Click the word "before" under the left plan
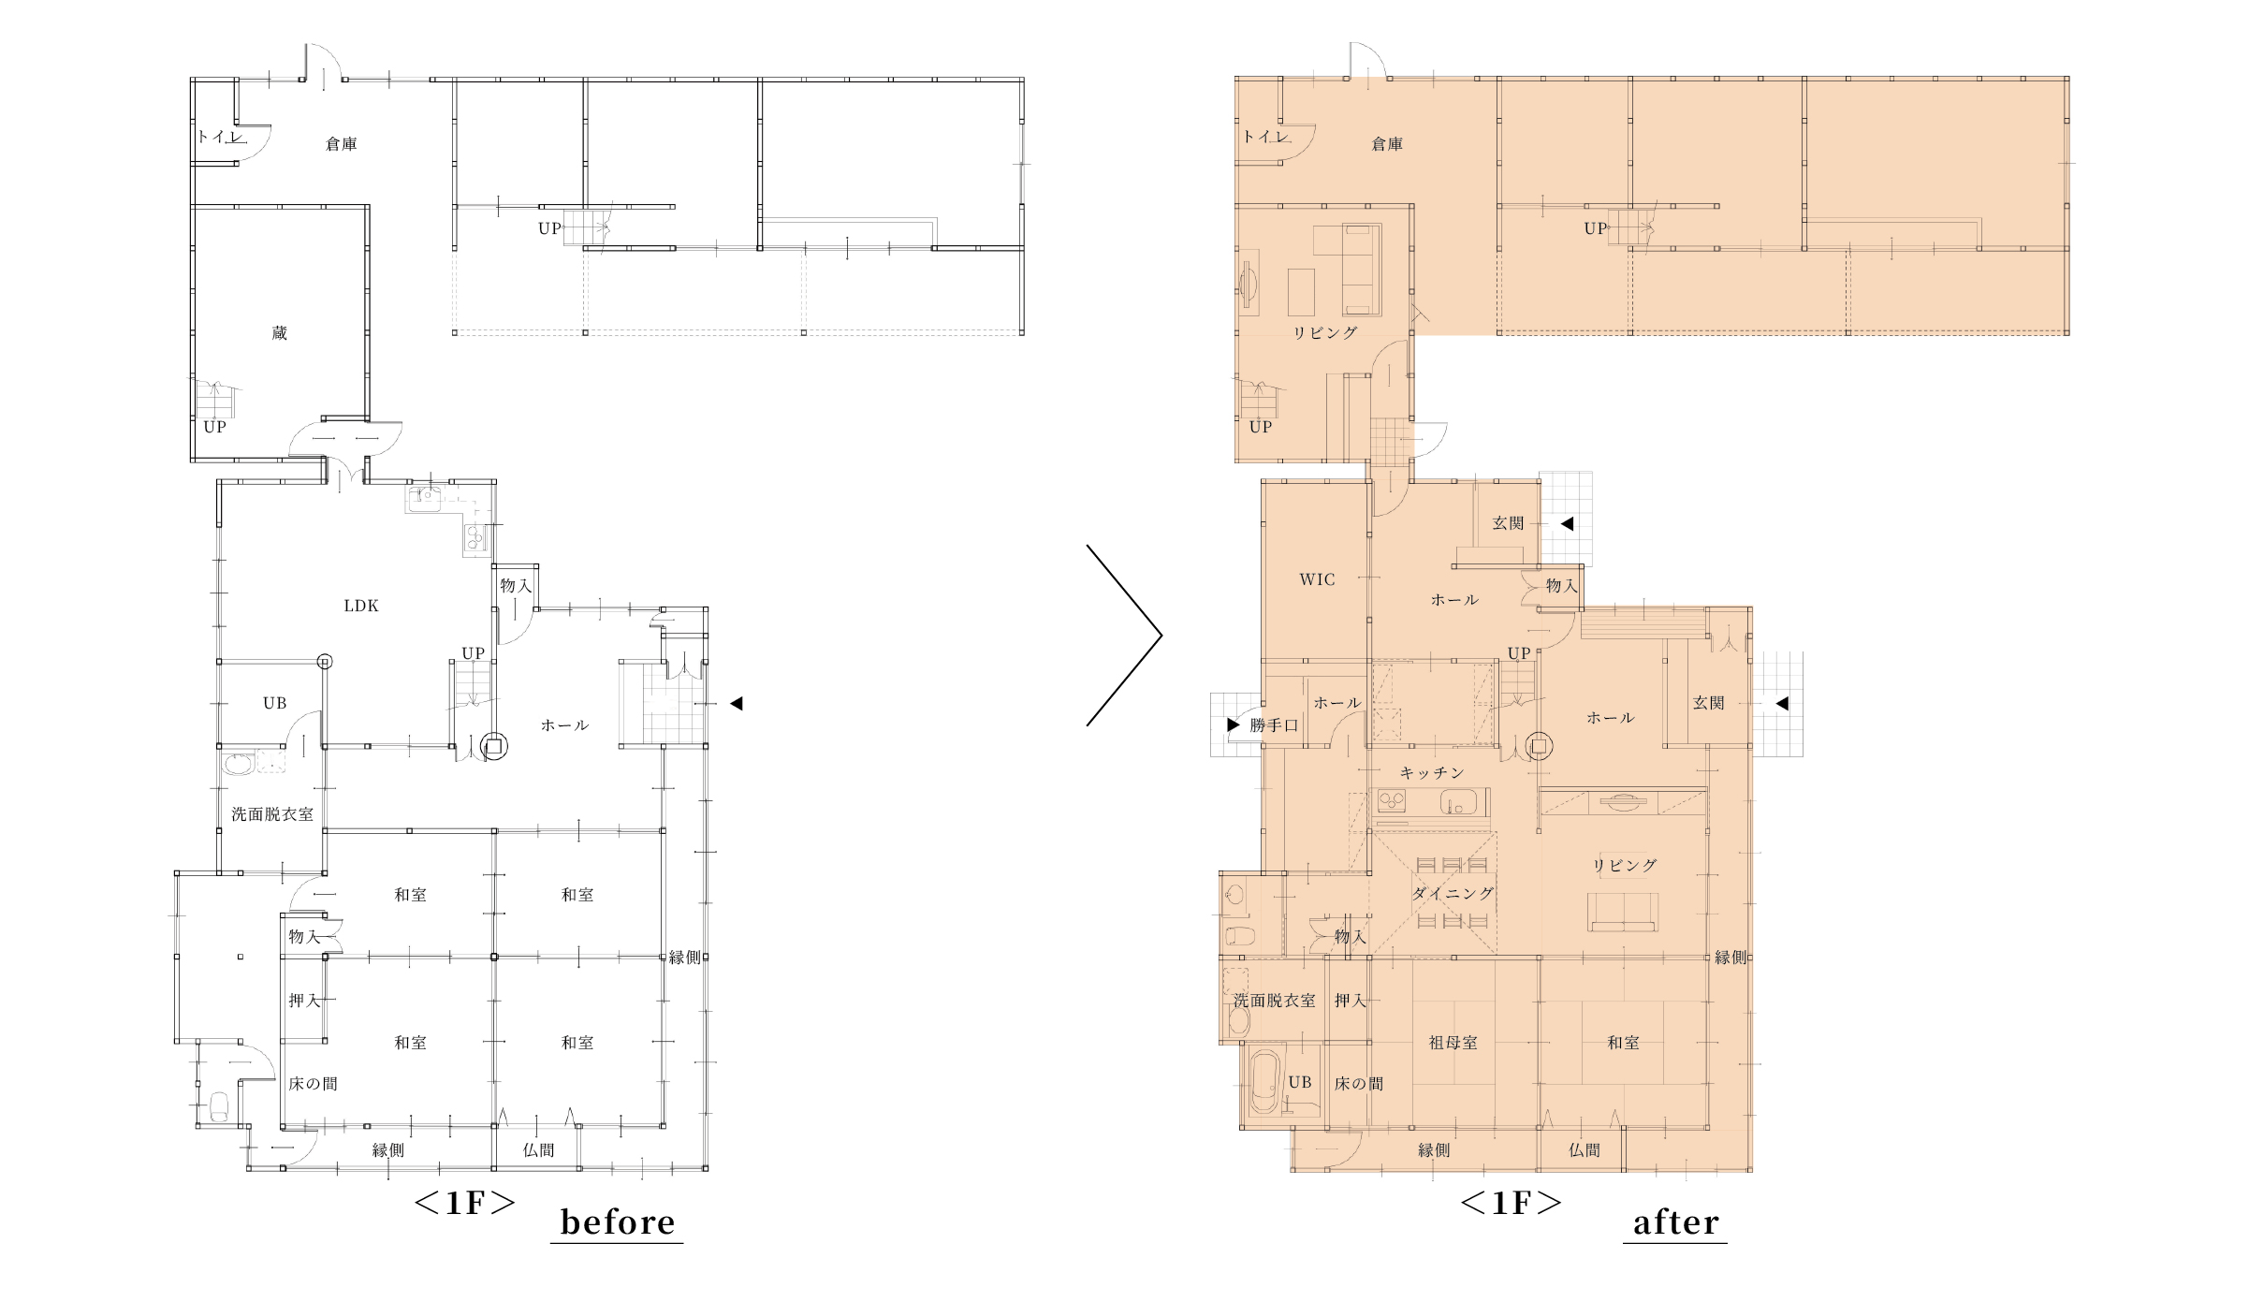pyautogui.click(x=617, y=1222)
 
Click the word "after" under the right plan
pyautogui.click(x=1675, y=1222)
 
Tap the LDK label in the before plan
pyautogui.click(x=361, y=606)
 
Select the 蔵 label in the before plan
pyautogui.click(x=279, y=333)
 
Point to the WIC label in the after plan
pyautogui.click(x=1317, y=579)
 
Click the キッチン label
pyautogui.click(x=1432, y=772)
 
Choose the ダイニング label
pyautogui.click(x=1453, y=893)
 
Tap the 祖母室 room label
pyautogui.click(x=1453, y=1042)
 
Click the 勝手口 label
pyautogui.click(x=1274, y=725)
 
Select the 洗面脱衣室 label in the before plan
pyautogui.click(x=272, y=814)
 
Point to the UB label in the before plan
pyautogui.click(x=274, y=703)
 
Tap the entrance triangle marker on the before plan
pyautogui.click(x=737, y=703)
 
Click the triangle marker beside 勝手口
pyautogui.click(x=1233, y=724)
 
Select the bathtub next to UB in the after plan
pyautogui.click(x=1264, y=1082)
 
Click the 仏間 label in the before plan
pyautogui.click(x=538, y=1150)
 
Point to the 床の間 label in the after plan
pyautogui.click(x=1358, y=1084)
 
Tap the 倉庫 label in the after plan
pyautogui.click(x=1387, y=144)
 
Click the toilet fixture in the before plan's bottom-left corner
pyautogui.click(x=220, y=1107)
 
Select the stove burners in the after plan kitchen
pyautogui.click(x=1392, y=801)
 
